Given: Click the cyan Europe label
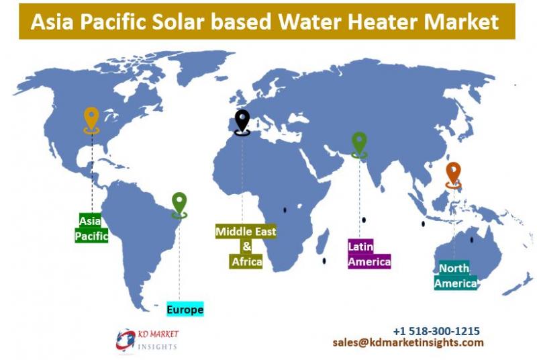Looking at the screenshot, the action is [x=185, y=310].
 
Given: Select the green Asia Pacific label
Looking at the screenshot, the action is [x=91, y=228].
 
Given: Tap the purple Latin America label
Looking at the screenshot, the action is [x=369, y=254].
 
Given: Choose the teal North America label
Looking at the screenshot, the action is [x=456, y=276].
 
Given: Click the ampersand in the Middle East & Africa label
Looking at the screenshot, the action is [x=247, y=246].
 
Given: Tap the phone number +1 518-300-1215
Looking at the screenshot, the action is [x=436, y=331].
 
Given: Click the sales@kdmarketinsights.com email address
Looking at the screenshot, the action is [x=408, y=342].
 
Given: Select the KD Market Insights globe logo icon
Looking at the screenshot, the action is [x=126, y=340].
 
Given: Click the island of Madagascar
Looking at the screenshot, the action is [x=323, y=241].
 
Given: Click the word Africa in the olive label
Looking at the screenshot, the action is [x=247, y=262].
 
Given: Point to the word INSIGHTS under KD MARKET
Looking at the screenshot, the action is [x=158, y=347].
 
